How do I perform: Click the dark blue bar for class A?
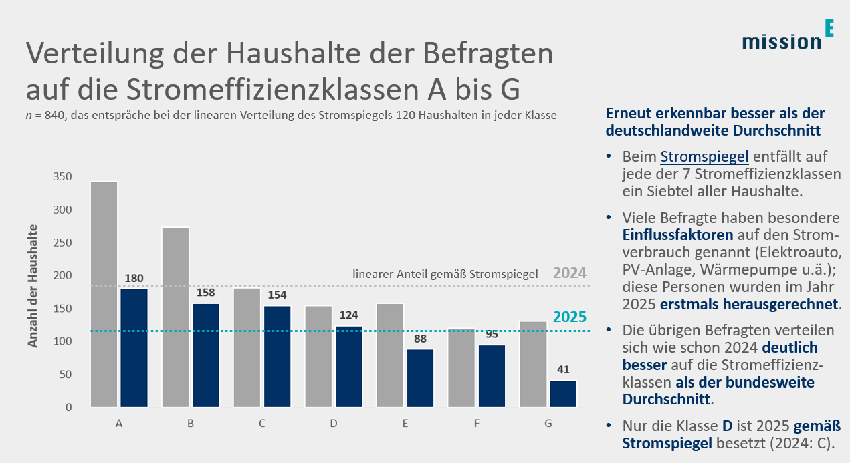tap(133, 347)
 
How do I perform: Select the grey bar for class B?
tap(176, 317)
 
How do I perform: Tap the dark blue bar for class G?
tap(563, 394)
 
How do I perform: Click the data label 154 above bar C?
tap(278, 295)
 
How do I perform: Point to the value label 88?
tap(420, 338)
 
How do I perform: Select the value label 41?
tap(563, 369)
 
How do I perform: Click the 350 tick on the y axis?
tap(62, 178)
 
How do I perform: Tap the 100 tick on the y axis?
tap(62, 342)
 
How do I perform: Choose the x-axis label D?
tap(334, 424)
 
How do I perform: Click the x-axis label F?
tap(477, 424)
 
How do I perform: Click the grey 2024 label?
tap(570, 273)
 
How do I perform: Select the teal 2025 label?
tap(570, 318)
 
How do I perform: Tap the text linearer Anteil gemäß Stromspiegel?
tap(445, 274)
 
